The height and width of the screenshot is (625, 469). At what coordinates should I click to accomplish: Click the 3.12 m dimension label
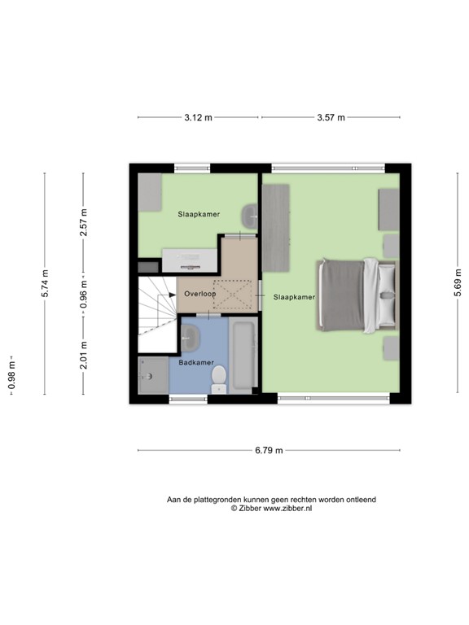[x=198, y=118]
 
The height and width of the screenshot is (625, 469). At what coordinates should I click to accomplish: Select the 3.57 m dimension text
[x=331, y=118]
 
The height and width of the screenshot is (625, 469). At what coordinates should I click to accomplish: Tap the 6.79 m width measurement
[x=269, y=450]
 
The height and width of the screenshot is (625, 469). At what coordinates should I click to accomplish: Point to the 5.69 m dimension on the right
[x=458, y=284]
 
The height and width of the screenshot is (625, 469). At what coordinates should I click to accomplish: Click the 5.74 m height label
[x=45, y=284]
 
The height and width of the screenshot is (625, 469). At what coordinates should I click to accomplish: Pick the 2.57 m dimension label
[x=83, y=221]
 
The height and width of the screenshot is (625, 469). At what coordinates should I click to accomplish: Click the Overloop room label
[x=199, y=293]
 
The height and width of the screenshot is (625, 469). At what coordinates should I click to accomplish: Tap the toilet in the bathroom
[x=218, y=378]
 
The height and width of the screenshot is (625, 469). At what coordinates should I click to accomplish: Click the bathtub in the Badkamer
[x=244, y=356]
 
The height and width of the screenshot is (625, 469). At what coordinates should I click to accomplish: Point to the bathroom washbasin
[x=193, y=336]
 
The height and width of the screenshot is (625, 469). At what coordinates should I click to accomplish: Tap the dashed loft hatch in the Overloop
[x=233, y=295]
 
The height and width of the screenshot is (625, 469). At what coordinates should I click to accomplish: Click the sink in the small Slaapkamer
[x=250, y=216]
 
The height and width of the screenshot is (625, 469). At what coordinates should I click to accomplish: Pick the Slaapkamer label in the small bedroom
[x=199, y=215]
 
